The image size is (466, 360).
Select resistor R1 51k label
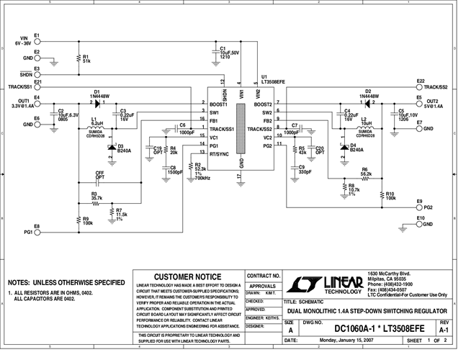point(86,60)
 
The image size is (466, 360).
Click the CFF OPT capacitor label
point(100,176)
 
